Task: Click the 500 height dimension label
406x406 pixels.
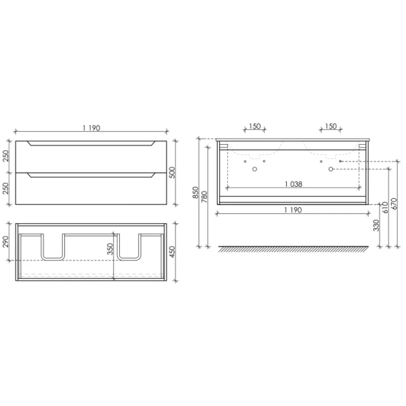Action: pos(172,173)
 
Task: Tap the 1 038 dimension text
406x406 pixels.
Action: pos(294,184)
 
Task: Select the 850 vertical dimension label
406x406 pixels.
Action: pos(196,192)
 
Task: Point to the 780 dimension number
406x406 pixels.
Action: pos(204,197)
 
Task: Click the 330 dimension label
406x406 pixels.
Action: pos(376,225)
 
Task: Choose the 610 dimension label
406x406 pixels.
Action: pos(386,208)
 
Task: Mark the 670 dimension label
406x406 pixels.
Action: pos(394,204)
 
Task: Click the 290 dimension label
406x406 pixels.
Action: pos(6,242)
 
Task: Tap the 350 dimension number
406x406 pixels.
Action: pos(110,249)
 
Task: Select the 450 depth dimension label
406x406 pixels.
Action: pos(172,252)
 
